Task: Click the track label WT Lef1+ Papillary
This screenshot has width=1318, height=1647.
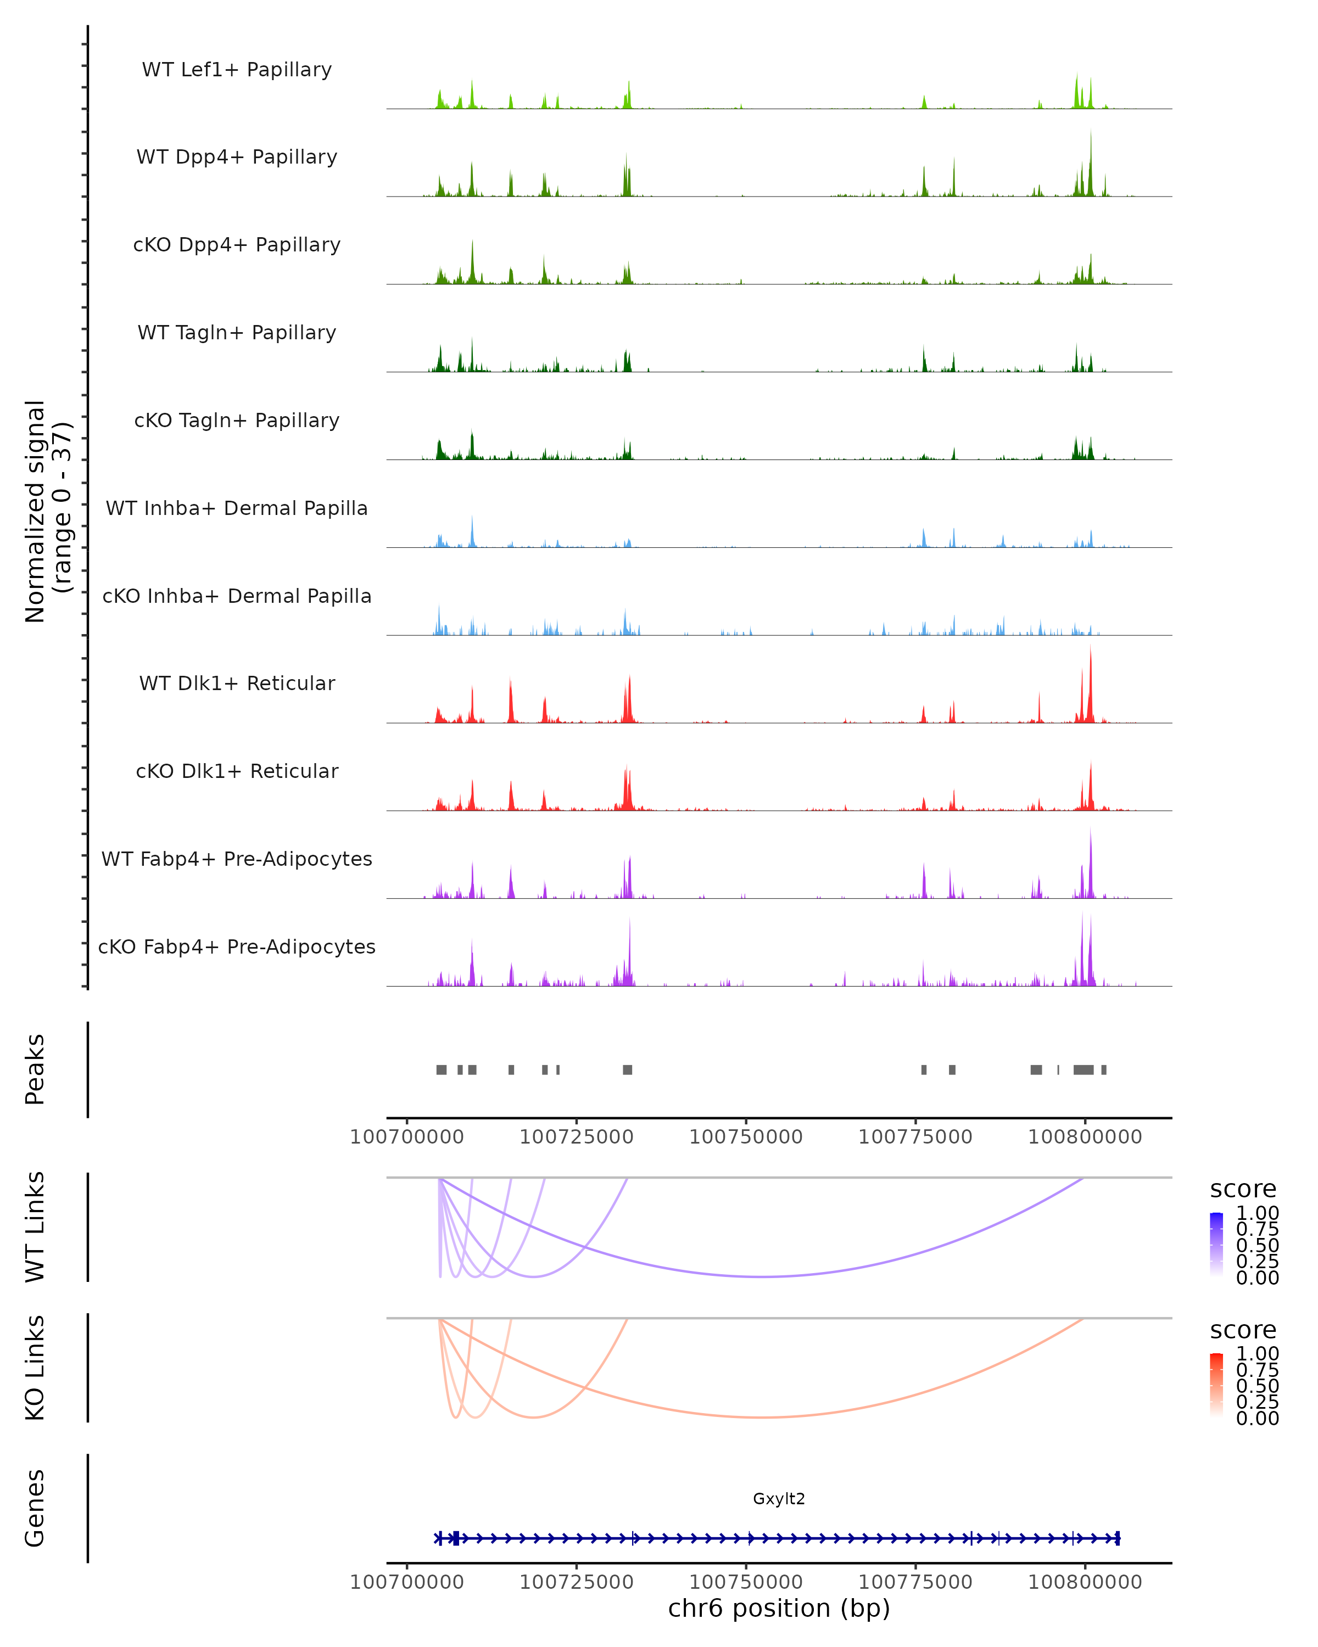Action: (237, 70)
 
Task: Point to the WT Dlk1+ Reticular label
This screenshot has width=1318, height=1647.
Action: (237, 683)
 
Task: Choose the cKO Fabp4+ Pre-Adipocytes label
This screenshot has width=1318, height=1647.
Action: (237, 946)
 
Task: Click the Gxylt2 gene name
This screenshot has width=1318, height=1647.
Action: (779, 1498)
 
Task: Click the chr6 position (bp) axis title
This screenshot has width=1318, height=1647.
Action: (779, 1608)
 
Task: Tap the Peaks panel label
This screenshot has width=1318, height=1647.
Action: (35, 1069)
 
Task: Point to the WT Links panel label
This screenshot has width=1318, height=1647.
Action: (35, 1227)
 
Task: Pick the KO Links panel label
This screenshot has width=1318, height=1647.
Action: (35, 1368)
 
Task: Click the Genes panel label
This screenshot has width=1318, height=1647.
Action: (35, 1508)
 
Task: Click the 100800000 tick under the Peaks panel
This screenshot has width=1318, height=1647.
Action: (1084, 1137)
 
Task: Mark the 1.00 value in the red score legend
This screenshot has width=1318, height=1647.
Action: (1257, 1354)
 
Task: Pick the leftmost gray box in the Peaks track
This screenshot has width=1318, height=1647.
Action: (442, 1069)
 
